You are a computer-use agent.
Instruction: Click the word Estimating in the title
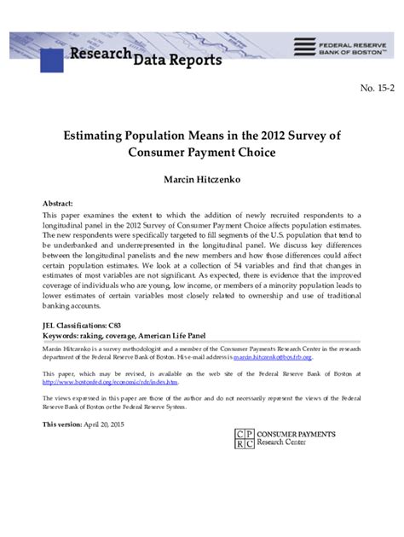93,136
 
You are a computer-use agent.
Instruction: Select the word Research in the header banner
101,54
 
